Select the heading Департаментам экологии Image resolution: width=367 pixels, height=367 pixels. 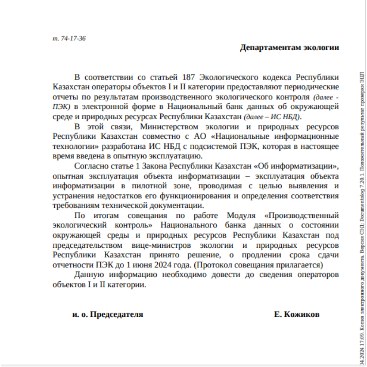coord(289,48)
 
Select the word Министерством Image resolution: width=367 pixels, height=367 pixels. coord(169,127)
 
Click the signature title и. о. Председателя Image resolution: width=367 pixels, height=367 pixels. coord(108,314)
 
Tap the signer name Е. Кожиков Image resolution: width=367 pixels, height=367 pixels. coord(297,314)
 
